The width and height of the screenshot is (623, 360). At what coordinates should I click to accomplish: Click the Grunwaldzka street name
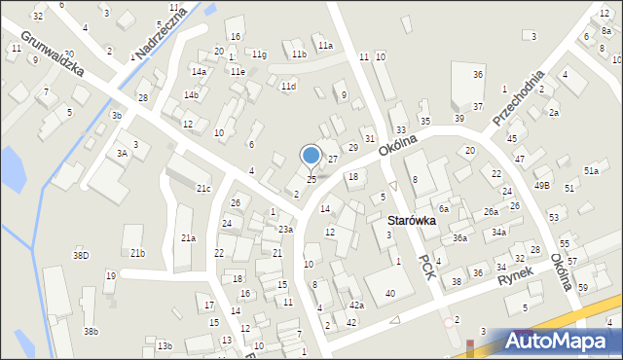coord(50,54)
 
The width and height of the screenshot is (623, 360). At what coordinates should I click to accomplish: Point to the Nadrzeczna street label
coord(162,32)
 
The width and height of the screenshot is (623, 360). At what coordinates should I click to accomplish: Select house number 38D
coord(81,255)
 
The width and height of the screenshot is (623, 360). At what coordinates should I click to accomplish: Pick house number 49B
coord(542,185)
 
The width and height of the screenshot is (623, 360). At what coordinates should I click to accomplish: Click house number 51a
coord(591,171)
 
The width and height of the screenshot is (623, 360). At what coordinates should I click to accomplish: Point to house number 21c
coord(203,188)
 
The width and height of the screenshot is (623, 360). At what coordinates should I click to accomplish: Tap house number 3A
coord(122,153)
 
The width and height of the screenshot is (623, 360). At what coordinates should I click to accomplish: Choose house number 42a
coord(356,305)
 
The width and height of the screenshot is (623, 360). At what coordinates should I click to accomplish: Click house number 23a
coord(285,229)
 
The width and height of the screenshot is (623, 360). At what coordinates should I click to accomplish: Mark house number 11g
coord(259,54)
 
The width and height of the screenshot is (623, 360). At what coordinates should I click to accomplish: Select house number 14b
coord(192,94)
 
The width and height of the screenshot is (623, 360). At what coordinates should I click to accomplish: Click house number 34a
coord(498,232)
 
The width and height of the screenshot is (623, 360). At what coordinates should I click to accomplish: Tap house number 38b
coord(91,331)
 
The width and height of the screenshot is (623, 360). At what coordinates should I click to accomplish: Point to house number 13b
coord(165,345)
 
